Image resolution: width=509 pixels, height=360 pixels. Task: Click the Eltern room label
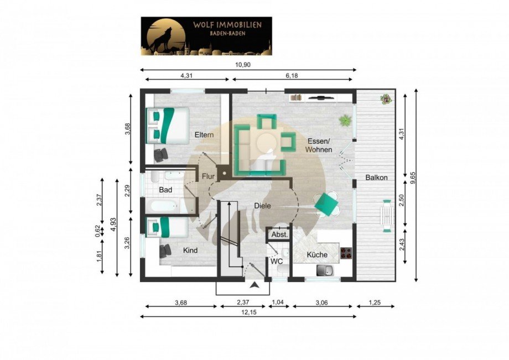pos(204,134)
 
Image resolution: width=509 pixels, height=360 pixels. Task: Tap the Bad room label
pos(165,190)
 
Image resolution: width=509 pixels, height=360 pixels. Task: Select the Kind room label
pos(190,251)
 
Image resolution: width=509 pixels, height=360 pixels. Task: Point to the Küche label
pos(317,255)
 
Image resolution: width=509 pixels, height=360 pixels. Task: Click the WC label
pos(277,261)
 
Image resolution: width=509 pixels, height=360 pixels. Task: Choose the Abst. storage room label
pos(279,234)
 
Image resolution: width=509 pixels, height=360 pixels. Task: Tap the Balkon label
pos(377,178)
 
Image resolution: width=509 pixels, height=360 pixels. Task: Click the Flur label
pos(208,176)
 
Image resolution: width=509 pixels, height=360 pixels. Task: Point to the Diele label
pos(262,206)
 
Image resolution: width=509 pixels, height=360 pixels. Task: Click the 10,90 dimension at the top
pos(243,65)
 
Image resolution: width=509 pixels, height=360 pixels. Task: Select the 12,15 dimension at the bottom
pos(248,312)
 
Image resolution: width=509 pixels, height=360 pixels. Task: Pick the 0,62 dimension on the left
pos(98,231)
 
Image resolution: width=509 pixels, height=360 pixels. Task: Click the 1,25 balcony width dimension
pos(375,302)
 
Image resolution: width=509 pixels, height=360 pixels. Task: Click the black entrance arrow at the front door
pos(255,285)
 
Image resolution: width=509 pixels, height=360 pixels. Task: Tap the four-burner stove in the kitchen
pos(346,253)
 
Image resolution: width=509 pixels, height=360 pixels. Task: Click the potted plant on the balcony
pos(386,98)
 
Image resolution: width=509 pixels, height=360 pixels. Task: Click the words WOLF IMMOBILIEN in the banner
pos(227,25)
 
